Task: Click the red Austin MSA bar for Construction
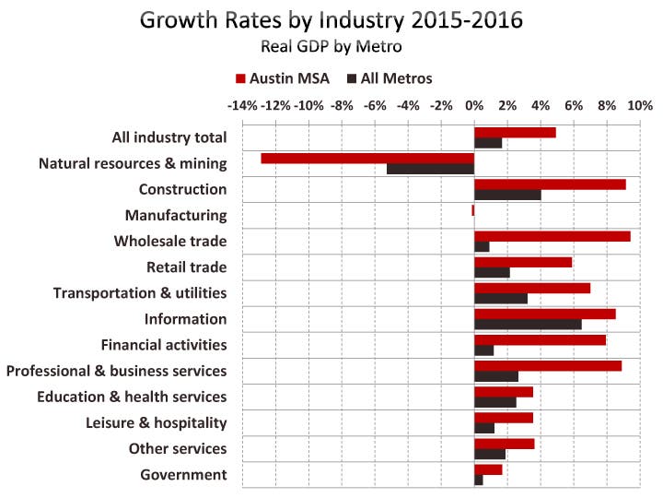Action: (550, 184)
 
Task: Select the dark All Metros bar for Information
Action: (528, 325)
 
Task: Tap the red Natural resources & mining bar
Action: (367, 158)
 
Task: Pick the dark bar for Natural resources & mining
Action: (430, 170)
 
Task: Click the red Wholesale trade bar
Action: (552, 236)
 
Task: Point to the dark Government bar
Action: (479, 480)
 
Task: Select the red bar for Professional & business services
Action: (548, 365)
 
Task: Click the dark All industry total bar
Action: (488, 143)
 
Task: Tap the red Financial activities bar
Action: (540, 339)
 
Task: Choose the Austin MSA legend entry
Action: (285, 78)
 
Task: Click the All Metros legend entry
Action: (389, 78)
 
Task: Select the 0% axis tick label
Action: (474, 105)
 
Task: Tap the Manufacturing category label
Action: (176, 215)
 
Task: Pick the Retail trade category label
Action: (186, 267)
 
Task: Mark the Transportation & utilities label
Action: (140, 293)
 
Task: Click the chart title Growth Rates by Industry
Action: (331, 20)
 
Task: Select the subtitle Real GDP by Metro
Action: (331, 44)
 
